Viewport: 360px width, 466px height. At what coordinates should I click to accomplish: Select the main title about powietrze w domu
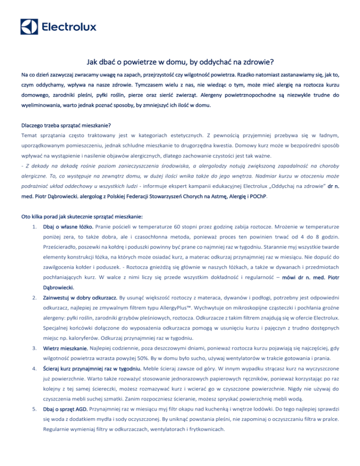180,61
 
